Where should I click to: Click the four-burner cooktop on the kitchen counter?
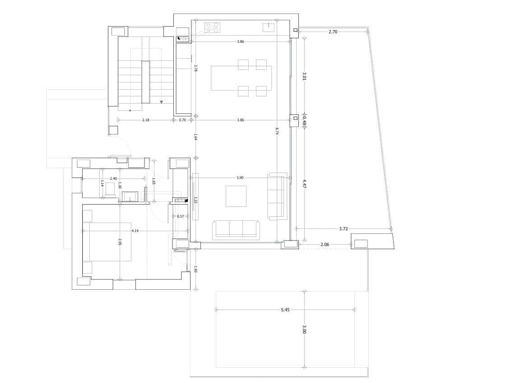(x=212, y=27)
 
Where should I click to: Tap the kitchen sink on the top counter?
(x=269, y=27)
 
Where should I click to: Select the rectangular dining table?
(x=241, y=78)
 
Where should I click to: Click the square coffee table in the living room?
(x=236, y=196)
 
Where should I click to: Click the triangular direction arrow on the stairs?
(x=161, y=102)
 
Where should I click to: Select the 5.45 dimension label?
(x=285, y=310)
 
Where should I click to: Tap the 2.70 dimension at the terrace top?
(x=333, y=32)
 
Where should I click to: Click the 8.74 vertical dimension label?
(x=277, y=131)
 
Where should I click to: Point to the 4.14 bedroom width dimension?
(x=135, y=231)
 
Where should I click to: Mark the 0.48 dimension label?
(x=305, y=123)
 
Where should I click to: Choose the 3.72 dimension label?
(x=344, y=229)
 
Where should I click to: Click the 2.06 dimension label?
(x=325, y=245)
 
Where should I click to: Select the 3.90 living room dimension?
(x=241, y=178)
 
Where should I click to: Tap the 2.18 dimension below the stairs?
(x=145, y=120)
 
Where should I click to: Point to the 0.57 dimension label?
(x=181, y=217)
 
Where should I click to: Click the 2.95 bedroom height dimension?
(x=120, y=242)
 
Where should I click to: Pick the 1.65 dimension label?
(x=154, y=181)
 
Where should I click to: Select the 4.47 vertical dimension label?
(x=305, y=184)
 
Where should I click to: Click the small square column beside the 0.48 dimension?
(x=295, y=119)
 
